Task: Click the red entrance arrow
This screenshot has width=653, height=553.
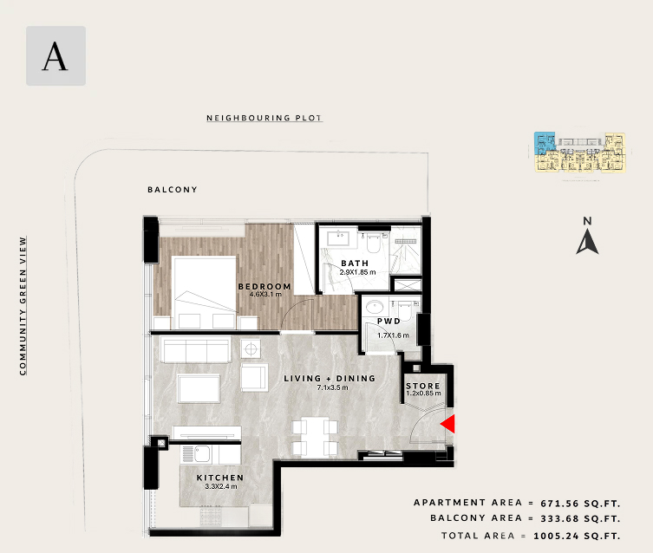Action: [x=449, y=424]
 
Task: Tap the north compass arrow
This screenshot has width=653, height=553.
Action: [x=587, y=243]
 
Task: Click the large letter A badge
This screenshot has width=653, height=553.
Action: [x=56, y=56]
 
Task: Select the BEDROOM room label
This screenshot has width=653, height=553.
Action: [x=264, y=286]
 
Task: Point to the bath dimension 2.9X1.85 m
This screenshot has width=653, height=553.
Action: [x=358, y=272]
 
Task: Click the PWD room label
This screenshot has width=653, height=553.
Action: [x=389, y=321]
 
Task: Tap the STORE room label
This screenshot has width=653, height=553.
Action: [x=423, y=386]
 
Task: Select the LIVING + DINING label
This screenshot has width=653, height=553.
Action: [x=330, y=378]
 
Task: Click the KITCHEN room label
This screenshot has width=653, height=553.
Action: [x=220, y=478]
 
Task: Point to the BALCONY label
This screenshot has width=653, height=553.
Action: [x=173, y=189]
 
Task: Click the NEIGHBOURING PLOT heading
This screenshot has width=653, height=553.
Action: [x=264, y=118]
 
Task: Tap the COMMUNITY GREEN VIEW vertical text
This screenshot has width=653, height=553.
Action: [x=23, y=306]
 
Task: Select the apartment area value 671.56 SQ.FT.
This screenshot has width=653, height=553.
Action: [x=580, y=503]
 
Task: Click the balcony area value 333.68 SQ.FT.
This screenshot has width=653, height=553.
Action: [x=580, y=518]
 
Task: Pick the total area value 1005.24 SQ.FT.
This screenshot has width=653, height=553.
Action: [x=578, y=536]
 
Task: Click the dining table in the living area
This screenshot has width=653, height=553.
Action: [x=315, y=438]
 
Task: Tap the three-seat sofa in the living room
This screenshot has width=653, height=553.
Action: [x=196, y=350]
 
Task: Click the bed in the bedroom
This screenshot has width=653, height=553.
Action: [x=204, y=292]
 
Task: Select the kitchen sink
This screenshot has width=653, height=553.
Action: [x=202, y=454]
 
